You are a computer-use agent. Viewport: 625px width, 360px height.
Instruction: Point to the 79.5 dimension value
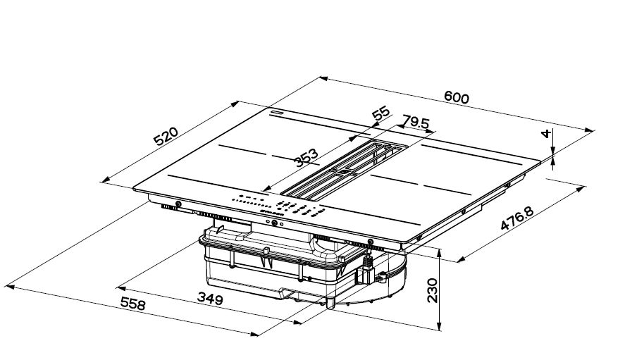pyautogui.click(x=416, y=123)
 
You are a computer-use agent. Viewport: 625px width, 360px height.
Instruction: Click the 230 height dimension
pyautogui.click(x=432, y=290)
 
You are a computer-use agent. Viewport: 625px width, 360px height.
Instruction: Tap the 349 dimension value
pyautogui.click(x=209, y=299)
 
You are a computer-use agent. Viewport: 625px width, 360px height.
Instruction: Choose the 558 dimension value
pyautogui.click(x=132, y=304)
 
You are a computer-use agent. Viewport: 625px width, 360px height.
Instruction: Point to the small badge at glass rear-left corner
pyautogui.click(x=274, y=111)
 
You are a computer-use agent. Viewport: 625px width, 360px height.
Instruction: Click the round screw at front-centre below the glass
pyautogui.click(x=274, y=223)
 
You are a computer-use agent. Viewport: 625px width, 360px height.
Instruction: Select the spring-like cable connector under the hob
pyautogui.click(x=366, y=268)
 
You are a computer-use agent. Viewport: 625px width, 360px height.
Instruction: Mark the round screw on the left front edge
pyautogui.click(x=177, y=205)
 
